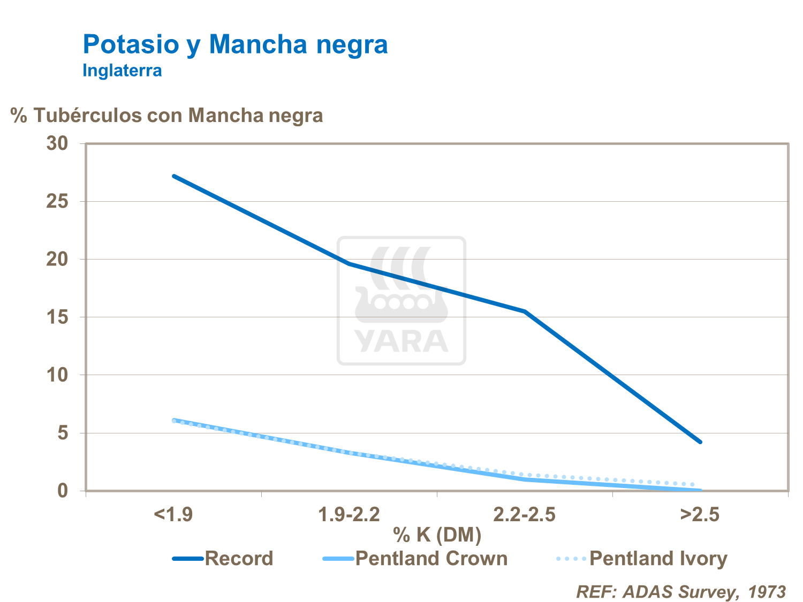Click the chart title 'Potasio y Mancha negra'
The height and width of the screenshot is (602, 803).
point(235,44)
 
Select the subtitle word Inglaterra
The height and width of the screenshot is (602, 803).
point(122,70)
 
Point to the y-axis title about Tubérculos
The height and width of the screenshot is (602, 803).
point(166,115)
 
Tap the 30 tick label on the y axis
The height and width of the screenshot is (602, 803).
point(57,143)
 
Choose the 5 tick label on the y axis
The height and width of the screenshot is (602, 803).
point(63,433)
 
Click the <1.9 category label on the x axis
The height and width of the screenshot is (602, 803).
point(173,515)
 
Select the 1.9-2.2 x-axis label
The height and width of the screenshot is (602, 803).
point(349,515)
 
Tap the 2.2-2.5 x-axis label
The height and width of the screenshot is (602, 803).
point(524,515)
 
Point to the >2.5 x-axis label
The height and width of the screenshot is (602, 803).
point(700,515)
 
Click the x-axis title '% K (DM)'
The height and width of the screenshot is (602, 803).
point(437,534)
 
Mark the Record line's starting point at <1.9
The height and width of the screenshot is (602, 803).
point(173,176)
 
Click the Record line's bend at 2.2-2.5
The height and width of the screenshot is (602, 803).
point(525,311)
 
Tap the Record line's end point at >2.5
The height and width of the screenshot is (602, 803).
point(700,442)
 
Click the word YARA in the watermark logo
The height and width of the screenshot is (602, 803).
point(401,341)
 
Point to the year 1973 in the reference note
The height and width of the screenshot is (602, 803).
point(767,592)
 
